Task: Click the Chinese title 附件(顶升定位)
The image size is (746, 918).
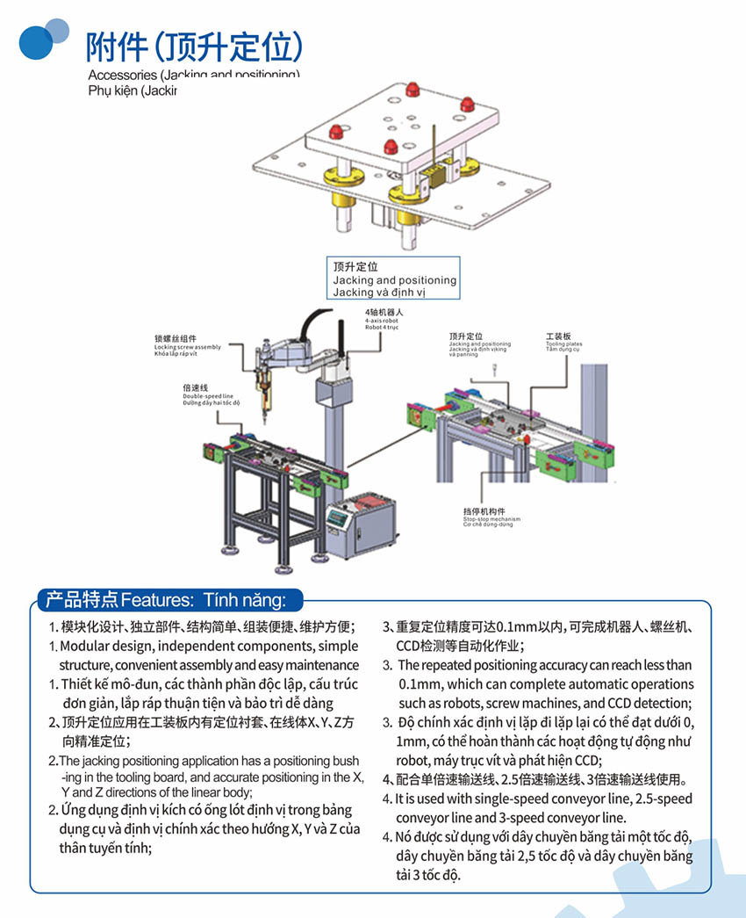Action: point(194,46)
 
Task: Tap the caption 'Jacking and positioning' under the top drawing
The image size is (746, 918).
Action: point(394,280)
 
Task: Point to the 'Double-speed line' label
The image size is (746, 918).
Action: point(202,396)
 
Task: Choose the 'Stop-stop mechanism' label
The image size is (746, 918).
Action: point(491,520)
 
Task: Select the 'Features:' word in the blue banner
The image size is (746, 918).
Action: point(158,600)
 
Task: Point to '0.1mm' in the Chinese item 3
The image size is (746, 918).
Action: point(516,627)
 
